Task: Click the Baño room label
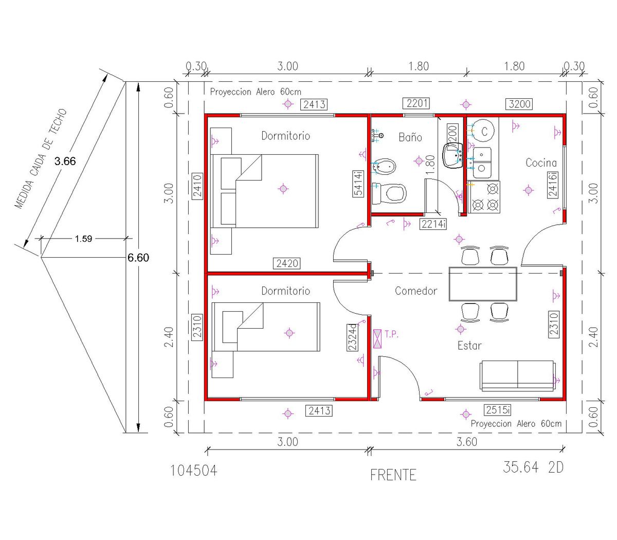click(410, 137)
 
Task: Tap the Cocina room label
click(541, 163)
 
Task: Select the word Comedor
click(416, 291)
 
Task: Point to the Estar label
click(469, 346)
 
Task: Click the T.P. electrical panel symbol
click(377, 339)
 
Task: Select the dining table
click(483, 284)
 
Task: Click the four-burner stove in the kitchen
click(483, 197)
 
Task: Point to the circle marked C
click(483, 131)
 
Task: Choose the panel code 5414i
click(358, 184)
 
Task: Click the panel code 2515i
click(498, 410)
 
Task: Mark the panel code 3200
click(519, 104)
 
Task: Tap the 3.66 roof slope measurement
click(65, 161)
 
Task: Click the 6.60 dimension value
click(138, 258)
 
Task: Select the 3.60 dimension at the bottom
click(466, 442)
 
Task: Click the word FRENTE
click(393, 475)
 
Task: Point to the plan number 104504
click(194, 471)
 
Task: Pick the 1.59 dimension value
click(83, 239)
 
